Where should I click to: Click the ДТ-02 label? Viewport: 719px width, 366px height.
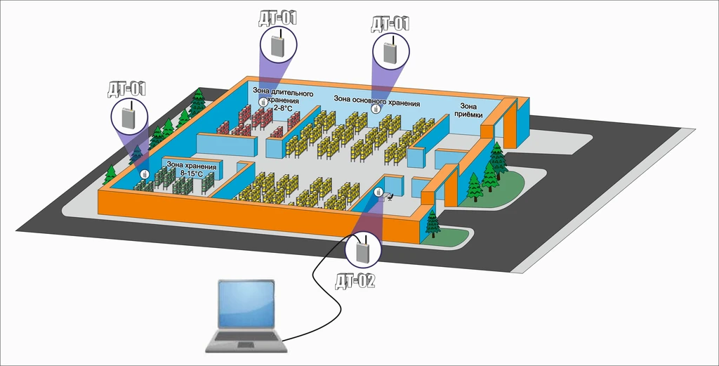(x=355, y=281)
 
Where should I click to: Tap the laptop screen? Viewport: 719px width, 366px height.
(x=246, y=304)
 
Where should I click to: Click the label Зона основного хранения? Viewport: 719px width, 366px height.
(x=376, y=101)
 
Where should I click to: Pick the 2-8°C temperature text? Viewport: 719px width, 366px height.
(x=282, y=107)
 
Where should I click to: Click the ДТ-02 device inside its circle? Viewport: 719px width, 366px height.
(x=363, y=250)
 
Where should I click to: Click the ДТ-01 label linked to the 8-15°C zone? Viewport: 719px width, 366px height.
(x=126, y=89)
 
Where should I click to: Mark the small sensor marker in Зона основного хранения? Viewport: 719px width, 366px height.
(x=376, y=109)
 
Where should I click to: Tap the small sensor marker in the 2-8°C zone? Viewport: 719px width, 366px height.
(x=263, y=103)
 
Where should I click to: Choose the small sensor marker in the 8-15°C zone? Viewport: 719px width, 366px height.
(x=145, y=174)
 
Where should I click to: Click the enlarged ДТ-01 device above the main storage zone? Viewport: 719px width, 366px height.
(x=390, y=50)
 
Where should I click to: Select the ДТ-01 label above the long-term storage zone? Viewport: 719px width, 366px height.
(x=277, y=18)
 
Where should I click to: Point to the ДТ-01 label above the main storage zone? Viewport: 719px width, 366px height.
(x=389, y=24)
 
